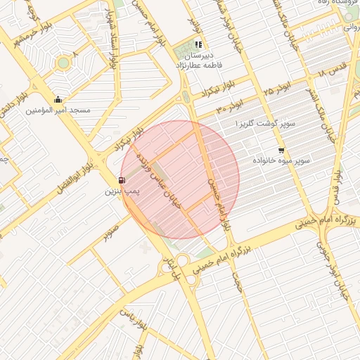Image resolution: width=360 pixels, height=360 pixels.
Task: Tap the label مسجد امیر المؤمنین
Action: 58,110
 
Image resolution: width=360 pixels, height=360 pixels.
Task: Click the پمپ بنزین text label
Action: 124,191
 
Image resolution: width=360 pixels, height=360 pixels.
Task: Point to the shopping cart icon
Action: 282,150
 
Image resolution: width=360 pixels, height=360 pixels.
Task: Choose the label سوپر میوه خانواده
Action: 283,161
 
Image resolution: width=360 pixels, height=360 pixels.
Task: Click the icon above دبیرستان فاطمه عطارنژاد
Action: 198,44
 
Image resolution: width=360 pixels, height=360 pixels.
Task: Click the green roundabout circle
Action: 64,63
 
